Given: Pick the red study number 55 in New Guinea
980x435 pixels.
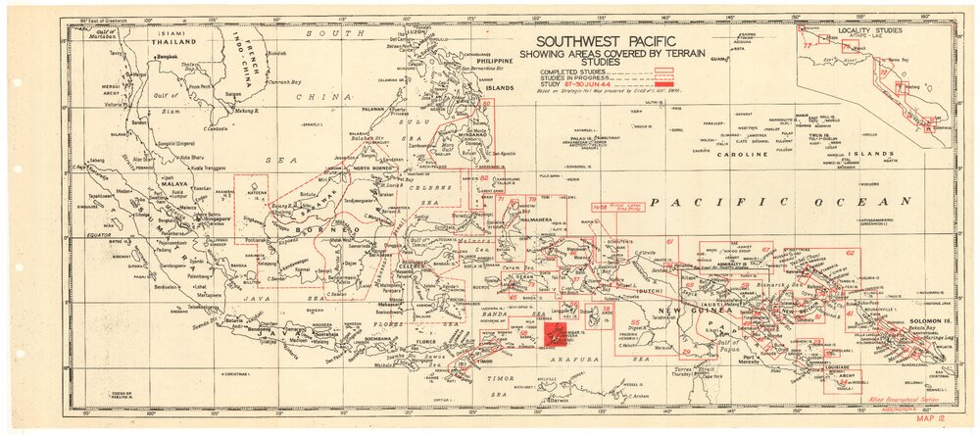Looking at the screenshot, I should pos(635,323).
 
